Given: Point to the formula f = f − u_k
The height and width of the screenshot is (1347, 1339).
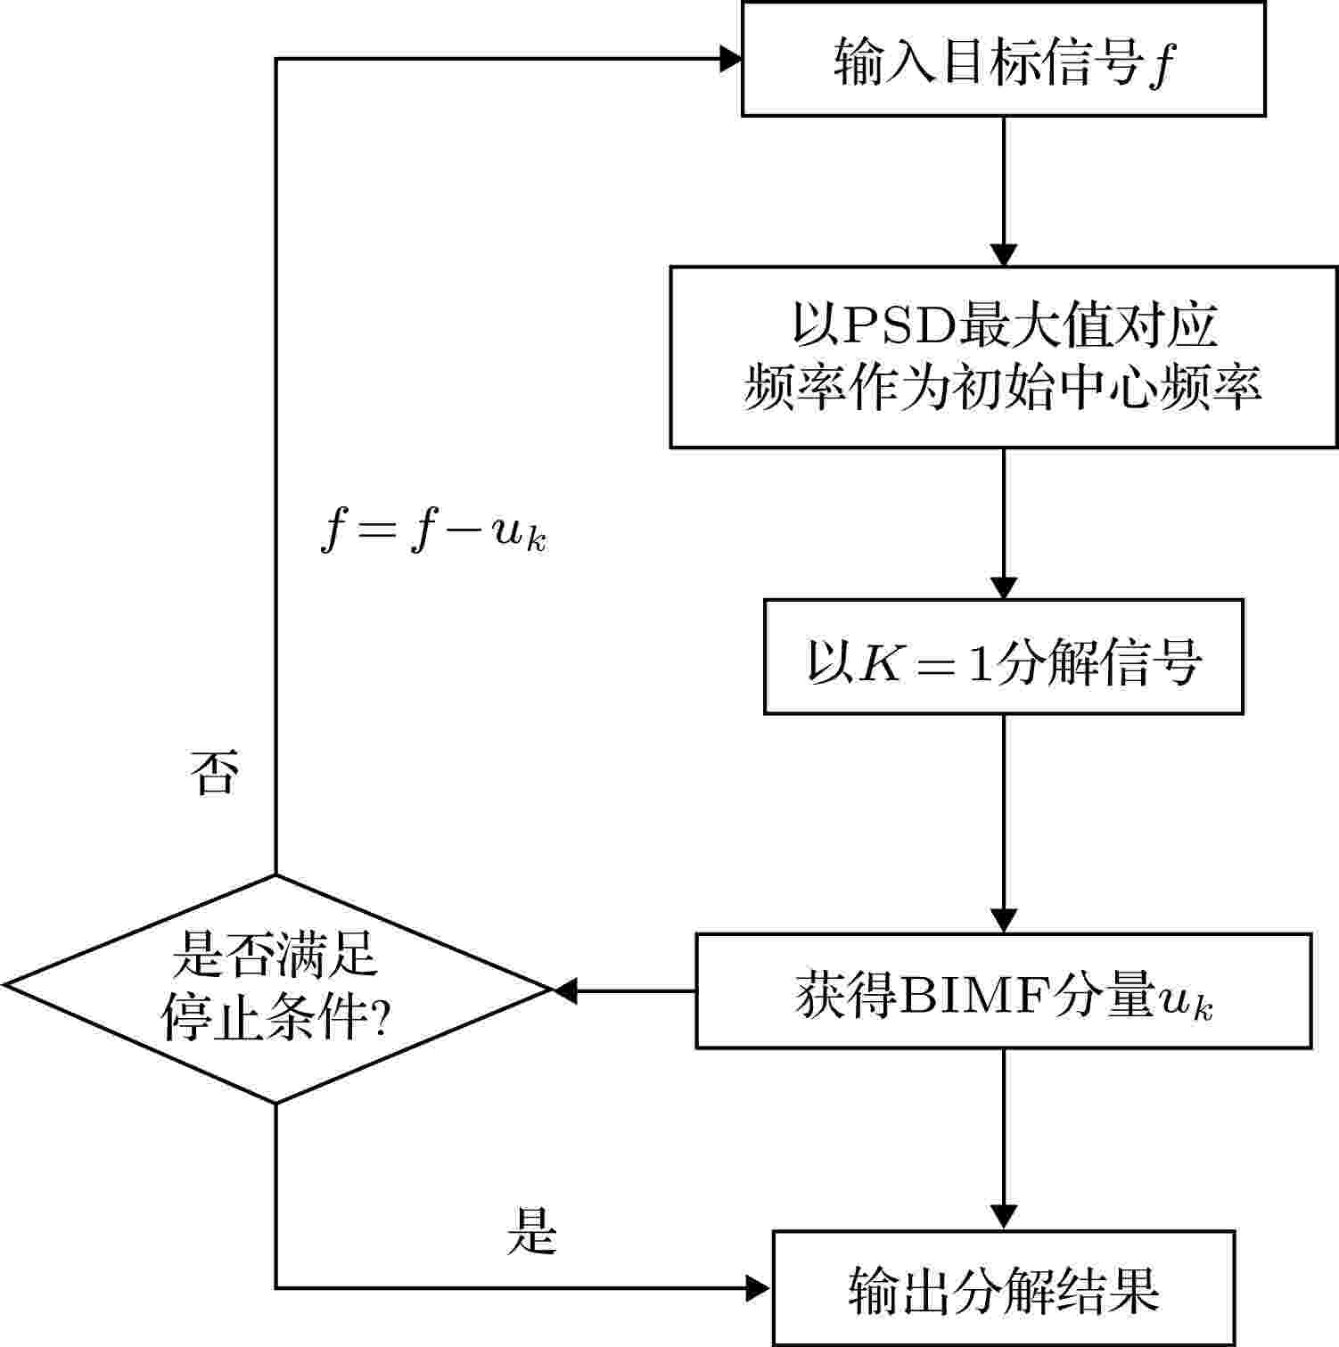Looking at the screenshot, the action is (x=433, y=533).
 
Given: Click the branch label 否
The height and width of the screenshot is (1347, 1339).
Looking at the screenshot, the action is (x=214, y=772).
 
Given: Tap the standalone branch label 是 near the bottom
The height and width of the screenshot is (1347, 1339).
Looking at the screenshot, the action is (x=531, y=1232).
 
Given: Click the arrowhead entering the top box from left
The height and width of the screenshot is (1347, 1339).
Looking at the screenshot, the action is (x=731, y=60).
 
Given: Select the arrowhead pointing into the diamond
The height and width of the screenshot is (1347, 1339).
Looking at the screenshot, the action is (x=564, y=990).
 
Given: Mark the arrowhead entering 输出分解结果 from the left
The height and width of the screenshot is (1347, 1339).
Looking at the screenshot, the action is (x=760, y=1288).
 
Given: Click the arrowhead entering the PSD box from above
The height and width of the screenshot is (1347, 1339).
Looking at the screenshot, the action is (x=1004, y=254).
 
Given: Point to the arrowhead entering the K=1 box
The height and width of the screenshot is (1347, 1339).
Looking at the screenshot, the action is (x=1004, y=587).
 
